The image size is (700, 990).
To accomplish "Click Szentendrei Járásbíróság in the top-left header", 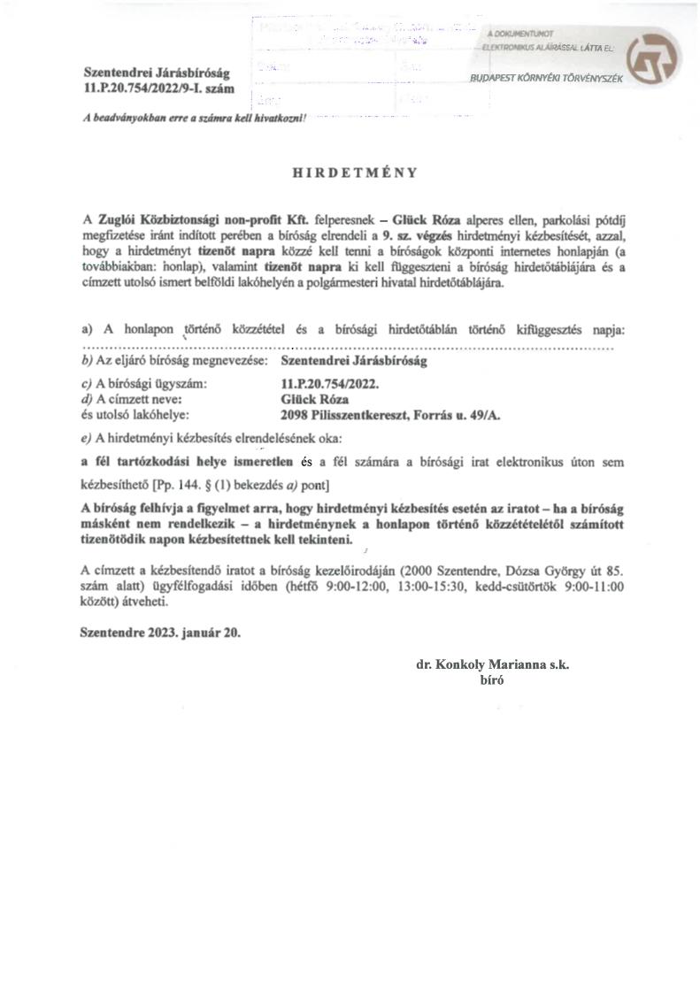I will coord(142,73).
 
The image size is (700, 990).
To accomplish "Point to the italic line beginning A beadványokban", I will coord(190,118).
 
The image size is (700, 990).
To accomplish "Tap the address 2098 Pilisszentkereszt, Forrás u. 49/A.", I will coord(389,413).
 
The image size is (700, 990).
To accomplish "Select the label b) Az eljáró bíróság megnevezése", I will coord(174,361).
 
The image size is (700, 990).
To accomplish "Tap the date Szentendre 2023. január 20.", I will coord(159,633).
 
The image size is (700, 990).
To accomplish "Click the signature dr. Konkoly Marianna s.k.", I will coord(492,665).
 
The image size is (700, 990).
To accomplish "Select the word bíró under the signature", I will coord(489,680).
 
